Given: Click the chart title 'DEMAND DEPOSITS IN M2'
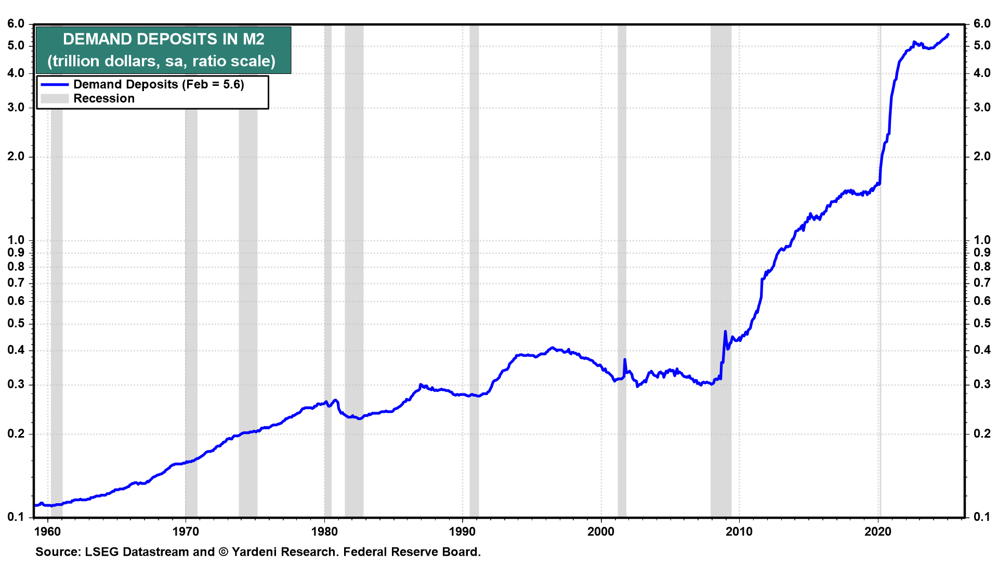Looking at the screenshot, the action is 164,39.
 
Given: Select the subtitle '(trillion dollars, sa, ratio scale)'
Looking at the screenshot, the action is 162,61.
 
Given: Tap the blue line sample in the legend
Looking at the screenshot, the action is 55,84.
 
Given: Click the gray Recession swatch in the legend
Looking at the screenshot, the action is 55,98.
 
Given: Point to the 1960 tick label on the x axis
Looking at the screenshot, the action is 48,531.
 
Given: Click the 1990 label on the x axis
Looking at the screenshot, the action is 462,531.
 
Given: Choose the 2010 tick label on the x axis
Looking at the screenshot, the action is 739,531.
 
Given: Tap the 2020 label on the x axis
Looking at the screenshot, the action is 877,531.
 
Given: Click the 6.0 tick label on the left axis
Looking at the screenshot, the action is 16,24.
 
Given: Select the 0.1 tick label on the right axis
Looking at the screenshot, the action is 982,517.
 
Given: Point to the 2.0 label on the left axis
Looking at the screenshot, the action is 16,157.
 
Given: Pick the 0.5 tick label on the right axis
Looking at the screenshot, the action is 982,324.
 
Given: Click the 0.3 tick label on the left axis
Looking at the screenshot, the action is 16,385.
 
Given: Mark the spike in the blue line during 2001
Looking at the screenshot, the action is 625,360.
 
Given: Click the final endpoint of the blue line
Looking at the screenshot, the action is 948,35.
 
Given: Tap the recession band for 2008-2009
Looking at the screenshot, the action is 721,271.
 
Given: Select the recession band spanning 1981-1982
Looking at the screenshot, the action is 354,271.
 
